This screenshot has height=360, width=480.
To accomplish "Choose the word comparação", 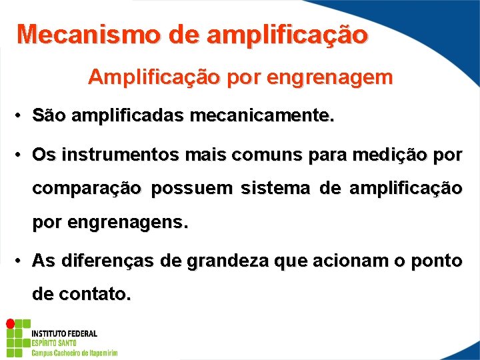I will [x=87, y=189].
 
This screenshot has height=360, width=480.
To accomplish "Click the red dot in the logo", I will [x=10, y=323].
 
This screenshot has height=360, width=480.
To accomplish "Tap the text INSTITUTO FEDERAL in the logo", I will [x=64, y=333].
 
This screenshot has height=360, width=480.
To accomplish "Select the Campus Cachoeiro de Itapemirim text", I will [x=75, y=353].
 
